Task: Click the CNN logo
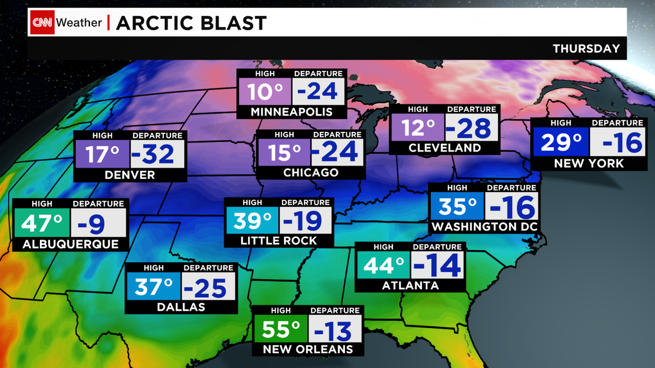tap(42, 23)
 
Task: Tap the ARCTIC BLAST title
tap(191, 23)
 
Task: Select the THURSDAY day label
tap(586, 49)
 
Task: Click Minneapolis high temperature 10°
tap(265, 92)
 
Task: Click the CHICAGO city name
tap(311, 173)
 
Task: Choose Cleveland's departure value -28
tap(472, 129)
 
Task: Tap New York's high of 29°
tap(562, 143)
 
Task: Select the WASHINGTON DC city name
tap(484, 227)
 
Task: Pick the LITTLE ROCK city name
tap(278, 240)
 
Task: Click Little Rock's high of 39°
tap(252, 221)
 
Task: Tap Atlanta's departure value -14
tap(437, 266)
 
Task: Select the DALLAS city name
tap(181, 307)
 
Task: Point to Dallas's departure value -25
tap(208, 287)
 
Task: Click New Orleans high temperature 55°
tap(281, 330)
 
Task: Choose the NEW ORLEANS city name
tap(308, 349)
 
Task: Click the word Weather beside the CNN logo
tap(79, 23)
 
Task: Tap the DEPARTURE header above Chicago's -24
tap(337, 134)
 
